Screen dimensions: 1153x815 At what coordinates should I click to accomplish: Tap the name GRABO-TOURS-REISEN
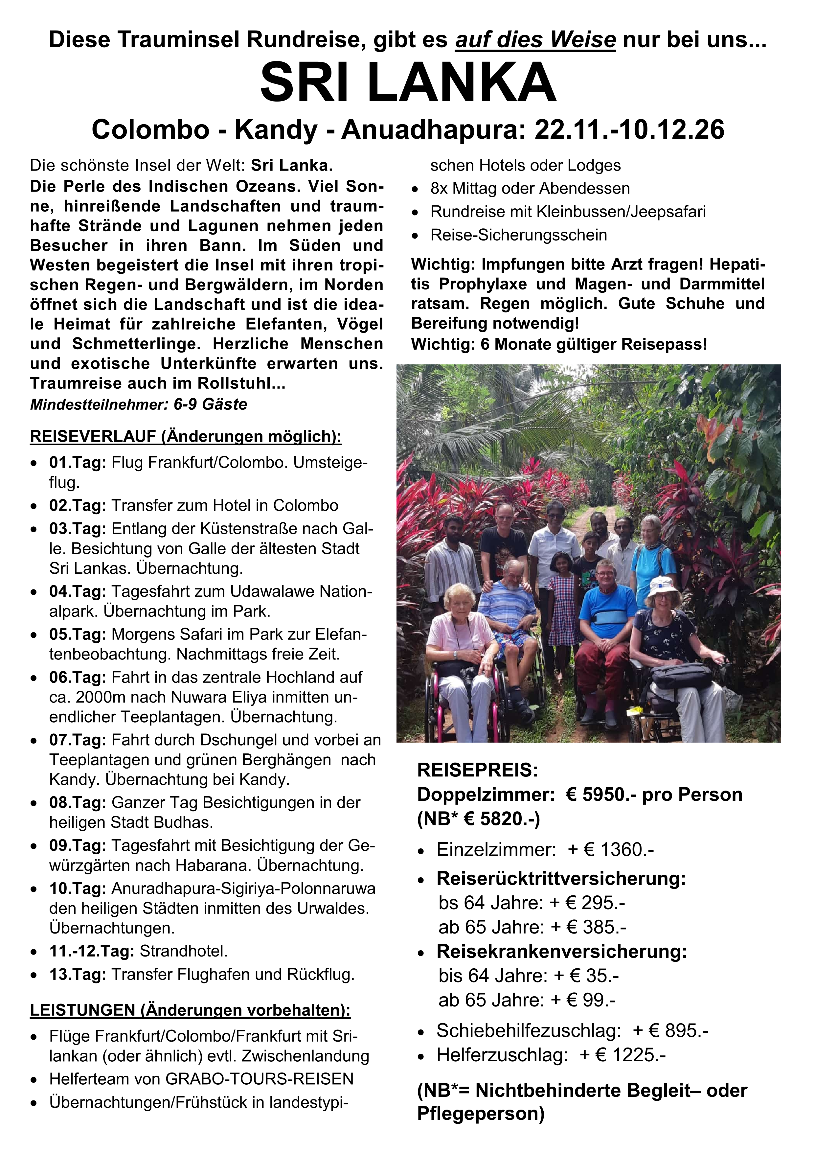point(260,1079)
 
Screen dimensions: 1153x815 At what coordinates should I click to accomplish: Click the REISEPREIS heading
point(478,770)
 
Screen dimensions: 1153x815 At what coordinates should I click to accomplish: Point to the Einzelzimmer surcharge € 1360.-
point(619,850)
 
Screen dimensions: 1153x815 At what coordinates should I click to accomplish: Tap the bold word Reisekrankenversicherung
point(561,951)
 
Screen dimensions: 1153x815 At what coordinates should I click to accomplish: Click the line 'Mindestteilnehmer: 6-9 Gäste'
point(139,404)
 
